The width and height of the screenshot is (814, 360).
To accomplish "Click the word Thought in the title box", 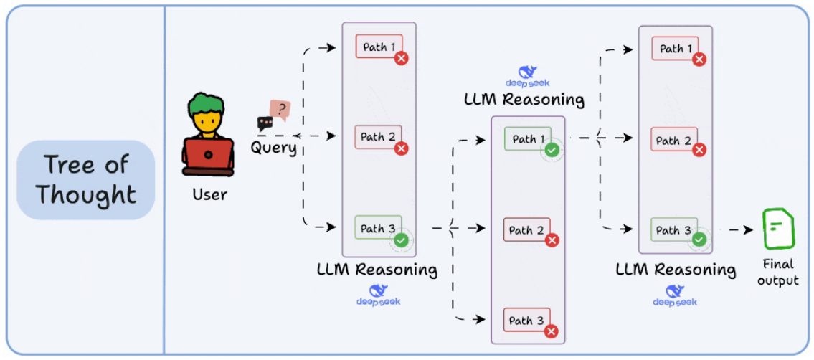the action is (87, 195).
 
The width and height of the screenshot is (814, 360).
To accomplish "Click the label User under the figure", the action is (209, 194).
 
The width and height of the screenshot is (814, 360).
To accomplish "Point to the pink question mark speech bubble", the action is (280, 110).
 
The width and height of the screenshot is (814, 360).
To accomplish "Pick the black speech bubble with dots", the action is (265, 123).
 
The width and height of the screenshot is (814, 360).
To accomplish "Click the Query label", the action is (273, 147).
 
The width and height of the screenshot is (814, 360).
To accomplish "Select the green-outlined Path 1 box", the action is (527, 140).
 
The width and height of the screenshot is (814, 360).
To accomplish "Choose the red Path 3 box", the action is (526, 321).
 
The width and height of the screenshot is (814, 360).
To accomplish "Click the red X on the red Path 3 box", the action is (552, 331).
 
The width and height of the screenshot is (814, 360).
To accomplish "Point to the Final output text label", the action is (777, 273).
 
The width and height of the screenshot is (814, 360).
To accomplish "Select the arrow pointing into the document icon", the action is (740, 229).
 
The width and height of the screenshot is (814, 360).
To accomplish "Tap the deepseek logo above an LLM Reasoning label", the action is (527, 77).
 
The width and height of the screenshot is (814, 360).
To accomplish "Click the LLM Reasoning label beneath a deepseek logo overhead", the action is (524, 99).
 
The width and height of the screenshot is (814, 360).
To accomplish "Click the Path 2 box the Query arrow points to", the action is (379, 138).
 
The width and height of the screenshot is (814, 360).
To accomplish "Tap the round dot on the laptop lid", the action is (208, 155).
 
